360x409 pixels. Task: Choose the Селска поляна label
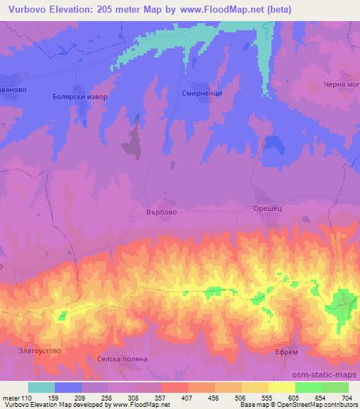117,358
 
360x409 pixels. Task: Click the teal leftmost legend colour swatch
41,387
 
